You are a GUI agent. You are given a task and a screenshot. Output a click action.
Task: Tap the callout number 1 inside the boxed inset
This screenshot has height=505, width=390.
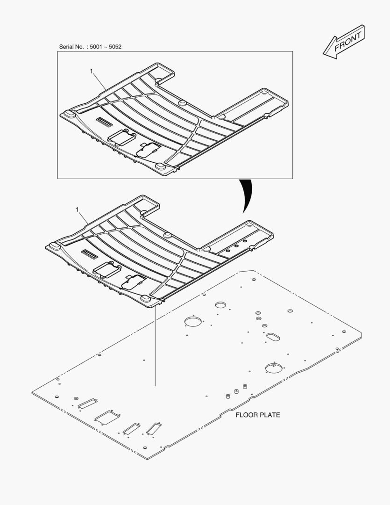pos(92,71)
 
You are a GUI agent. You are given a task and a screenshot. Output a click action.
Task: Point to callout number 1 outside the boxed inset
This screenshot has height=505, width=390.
pos(77,210)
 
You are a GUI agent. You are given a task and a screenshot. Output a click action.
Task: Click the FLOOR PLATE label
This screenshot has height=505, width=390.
pos(257,415)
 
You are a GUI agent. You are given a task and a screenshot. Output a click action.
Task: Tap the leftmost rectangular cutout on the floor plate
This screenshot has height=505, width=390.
pos(87,403)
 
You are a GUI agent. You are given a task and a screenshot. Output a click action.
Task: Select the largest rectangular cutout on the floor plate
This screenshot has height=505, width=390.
pos(106,417)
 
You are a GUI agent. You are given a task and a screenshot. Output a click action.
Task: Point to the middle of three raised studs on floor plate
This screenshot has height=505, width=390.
pos(236,392)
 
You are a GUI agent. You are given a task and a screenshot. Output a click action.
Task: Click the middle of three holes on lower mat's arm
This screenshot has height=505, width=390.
pos(237,246)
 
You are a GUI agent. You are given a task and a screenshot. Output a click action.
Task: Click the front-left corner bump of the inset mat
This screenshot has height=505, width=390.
pos(69,114)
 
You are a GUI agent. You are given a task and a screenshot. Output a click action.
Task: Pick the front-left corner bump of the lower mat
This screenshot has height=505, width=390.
pos(54,245)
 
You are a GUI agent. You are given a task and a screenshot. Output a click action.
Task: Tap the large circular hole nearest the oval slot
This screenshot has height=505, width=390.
pos(273,368)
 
